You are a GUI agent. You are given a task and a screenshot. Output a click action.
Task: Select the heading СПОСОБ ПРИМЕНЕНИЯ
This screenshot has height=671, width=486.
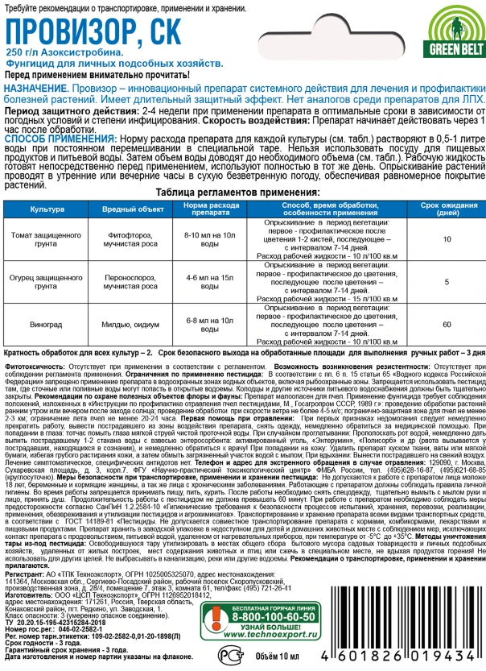(x=56, y=139)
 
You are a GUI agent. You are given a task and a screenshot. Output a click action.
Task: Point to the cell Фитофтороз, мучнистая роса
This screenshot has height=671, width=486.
(x=124, y=239)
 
